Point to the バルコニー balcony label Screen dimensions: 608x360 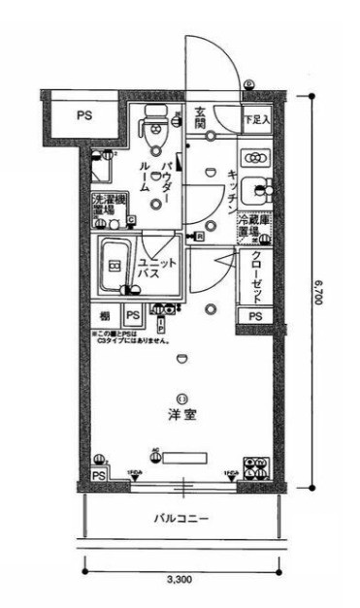point(180,519)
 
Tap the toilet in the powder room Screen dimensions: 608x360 point(155,123)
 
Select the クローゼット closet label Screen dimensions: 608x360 point(256,275)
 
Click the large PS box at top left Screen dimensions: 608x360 point(84,113)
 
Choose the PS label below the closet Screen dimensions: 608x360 point(255,317)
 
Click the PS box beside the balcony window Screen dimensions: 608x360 point(99,475)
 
